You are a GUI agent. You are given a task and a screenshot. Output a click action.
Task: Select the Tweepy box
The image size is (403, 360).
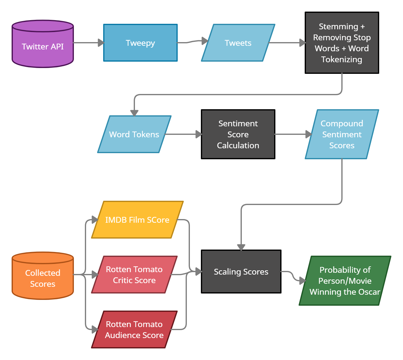(140, 43)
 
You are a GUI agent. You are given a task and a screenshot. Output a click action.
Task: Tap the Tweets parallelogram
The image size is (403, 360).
(238, 43)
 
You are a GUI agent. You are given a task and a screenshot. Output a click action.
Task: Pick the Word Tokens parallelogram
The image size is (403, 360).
(134, 134)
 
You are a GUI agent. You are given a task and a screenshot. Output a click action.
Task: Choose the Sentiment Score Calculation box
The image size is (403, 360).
(238, 134)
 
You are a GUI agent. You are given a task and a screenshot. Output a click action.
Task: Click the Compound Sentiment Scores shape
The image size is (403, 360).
(342, 134)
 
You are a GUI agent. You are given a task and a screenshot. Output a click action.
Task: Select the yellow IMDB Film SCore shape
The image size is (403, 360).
(137, 220)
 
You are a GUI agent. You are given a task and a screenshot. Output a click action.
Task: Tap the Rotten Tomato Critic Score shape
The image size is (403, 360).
(134, 275)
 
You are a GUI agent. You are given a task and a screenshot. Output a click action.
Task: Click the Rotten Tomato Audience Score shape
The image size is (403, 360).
(134, 329)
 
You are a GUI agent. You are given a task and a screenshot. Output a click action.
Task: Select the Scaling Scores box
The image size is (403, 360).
(241, 272)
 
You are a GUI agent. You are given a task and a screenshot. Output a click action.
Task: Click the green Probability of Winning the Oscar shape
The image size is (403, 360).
(345, 281)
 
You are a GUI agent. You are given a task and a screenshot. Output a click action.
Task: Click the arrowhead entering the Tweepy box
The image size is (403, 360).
(101, 43)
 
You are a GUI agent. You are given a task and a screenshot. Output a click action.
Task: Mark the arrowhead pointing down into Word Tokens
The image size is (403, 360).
(134, 113)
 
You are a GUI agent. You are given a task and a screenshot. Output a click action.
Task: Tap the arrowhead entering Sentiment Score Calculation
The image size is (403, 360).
(199, 134)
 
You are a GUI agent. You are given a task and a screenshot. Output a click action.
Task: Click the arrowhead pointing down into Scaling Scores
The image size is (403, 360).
(241, 247)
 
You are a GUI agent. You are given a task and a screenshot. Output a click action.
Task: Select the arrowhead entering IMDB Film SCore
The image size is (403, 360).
(95, 220)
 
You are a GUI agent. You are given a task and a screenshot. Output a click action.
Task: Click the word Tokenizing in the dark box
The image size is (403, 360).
(342, 59)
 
